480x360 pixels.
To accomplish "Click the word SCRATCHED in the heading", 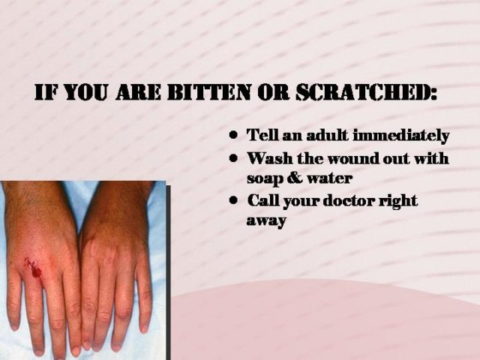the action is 363,91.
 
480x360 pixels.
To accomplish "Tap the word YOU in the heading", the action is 86,91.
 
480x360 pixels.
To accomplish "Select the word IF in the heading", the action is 46,91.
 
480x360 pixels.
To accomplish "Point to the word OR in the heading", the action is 273,91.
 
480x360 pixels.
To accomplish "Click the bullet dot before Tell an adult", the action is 233,135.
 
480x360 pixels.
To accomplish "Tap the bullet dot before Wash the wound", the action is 233,158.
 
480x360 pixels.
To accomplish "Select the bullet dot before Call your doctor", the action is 233,200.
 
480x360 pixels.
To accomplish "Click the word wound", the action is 348,158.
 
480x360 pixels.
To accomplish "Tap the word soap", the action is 265,178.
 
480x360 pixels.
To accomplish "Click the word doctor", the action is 349,201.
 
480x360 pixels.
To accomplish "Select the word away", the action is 266,221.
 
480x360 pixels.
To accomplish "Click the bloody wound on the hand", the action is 33,267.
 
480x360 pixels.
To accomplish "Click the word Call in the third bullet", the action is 263,200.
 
